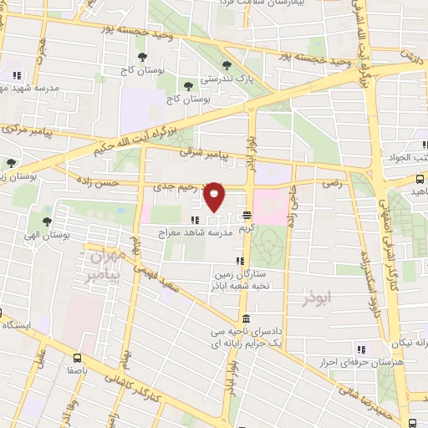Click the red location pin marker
point(215,196)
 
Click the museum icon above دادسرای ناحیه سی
point(246,318)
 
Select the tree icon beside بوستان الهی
point(49,222)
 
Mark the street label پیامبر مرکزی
point(28,130)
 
